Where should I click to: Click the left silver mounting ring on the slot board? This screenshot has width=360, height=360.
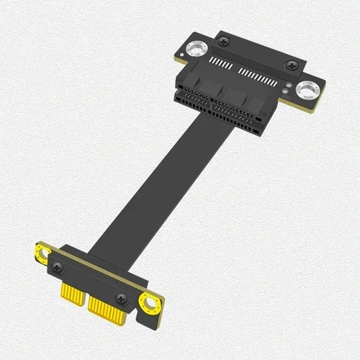[x=194, y=50]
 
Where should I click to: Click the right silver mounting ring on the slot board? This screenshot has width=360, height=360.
[x=308, y=89]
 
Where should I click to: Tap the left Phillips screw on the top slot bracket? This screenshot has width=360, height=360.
[x=226, y=44]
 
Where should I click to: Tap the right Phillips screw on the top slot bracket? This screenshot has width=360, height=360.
[x=291, y=66]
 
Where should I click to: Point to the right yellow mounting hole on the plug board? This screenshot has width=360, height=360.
[x=150, y=303]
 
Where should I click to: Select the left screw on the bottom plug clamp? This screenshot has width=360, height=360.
[x=57, y=268]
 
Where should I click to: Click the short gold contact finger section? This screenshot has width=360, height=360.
[x=71, y=294]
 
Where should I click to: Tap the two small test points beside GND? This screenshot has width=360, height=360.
[x=289, y=91]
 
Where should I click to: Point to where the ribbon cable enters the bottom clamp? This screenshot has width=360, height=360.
[x=101, y=248]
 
